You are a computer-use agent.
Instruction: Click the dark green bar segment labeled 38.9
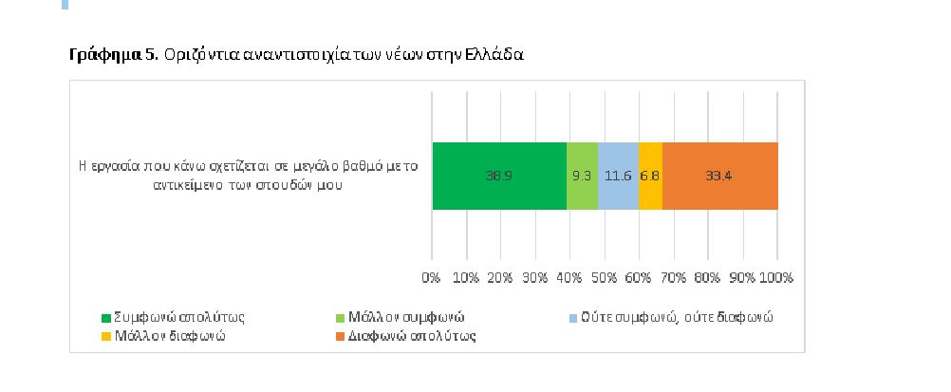499,176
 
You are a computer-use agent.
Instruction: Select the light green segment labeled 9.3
582,176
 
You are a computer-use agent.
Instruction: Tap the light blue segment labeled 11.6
618,176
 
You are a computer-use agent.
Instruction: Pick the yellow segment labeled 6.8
650,176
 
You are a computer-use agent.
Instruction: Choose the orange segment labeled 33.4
720,176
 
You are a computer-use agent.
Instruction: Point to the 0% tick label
432,278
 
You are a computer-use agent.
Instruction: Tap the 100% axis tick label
775,278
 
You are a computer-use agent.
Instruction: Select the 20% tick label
500,278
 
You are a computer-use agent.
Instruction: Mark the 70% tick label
673,278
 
